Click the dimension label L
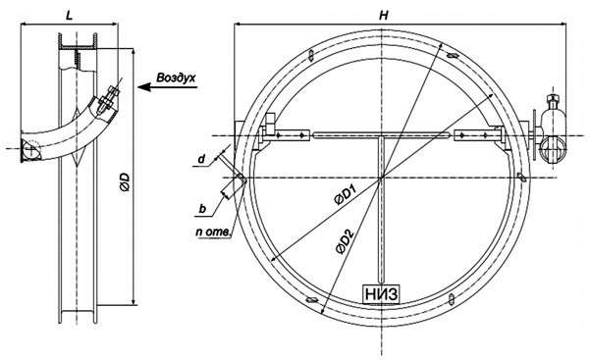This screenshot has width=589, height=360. click(x=69, y=16)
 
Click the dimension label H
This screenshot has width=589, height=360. click(x=384, y=15)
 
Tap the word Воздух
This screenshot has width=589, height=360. click(x=176, y=77)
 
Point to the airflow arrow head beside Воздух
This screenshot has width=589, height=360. click(x=144, y=87)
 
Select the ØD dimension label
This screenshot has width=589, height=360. click(x=125, y=182)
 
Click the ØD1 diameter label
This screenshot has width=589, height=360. click(x=345, y=195)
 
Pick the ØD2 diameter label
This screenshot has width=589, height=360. click(x=345, y=241)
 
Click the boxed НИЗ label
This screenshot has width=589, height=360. click(x=381, y=294)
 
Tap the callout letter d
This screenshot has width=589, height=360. click(x=201, y=159)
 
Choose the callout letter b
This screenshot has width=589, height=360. click(x=202, y=209)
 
